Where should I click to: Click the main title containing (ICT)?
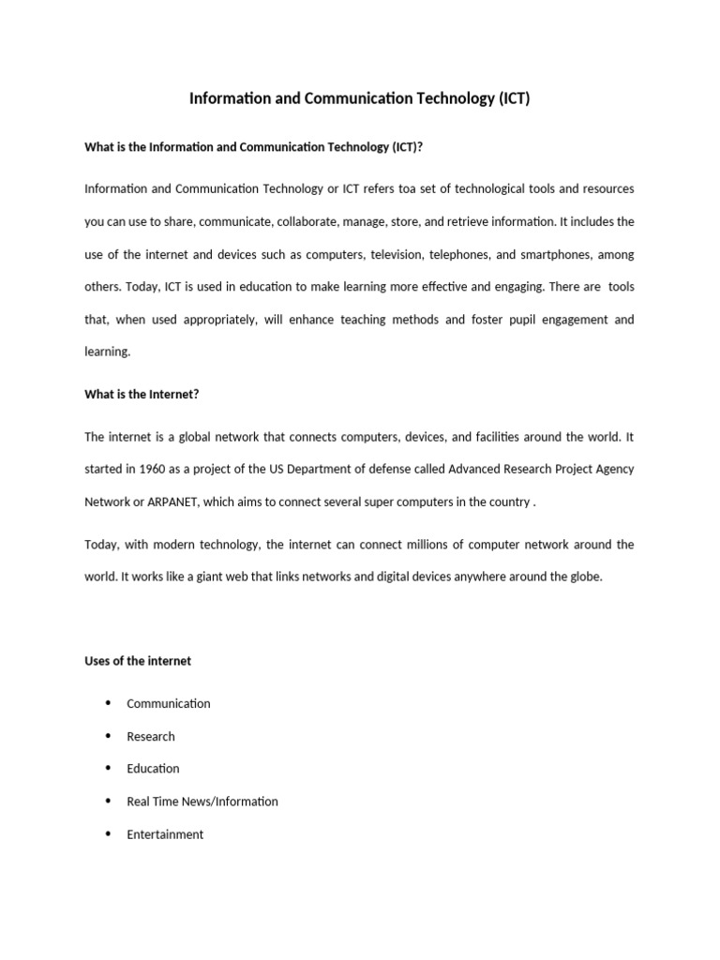pos(360,98)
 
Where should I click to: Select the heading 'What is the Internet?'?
pos(142,395)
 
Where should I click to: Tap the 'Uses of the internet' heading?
pos(138,661)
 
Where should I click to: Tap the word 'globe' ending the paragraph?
pos(584,577)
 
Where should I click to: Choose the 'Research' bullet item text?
pos(151,736)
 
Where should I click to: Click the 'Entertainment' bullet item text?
pos(165,834)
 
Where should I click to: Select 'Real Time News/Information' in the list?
pos(202,802)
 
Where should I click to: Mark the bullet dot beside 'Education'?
pos(108,768)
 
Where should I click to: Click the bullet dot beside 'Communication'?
pos(108,703)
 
